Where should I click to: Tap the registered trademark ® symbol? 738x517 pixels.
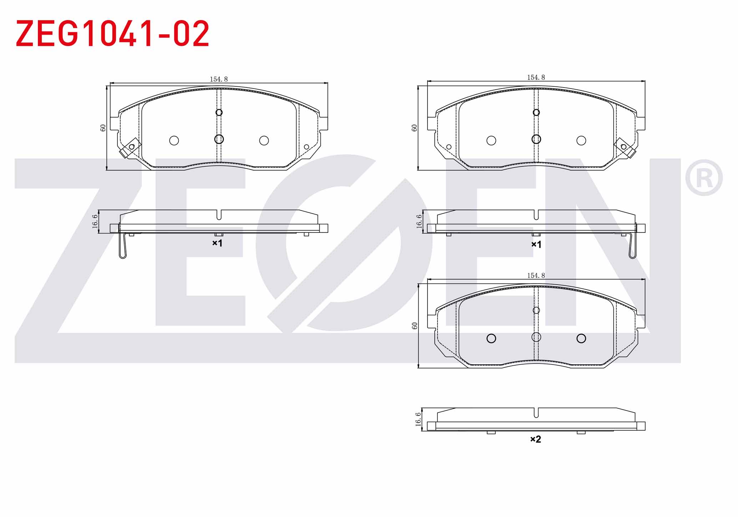(703, 177)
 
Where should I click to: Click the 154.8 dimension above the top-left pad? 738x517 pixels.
(219, 79)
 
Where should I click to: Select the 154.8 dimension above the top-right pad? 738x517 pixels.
(536, 77)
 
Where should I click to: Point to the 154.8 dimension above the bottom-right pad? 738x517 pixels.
(536, 276)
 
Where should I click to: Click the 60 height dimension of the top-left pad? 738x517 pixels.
(103, 128)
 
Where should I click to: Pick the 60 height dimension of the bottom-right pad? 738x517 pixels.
(414, 326)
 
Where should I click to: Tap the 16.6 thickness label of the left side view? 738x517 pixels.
(95, 221)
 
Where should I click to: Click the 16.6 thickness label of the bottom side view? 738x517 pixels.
(418, 419)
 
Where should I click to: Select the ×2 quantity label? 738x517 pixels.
(536, 439)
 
